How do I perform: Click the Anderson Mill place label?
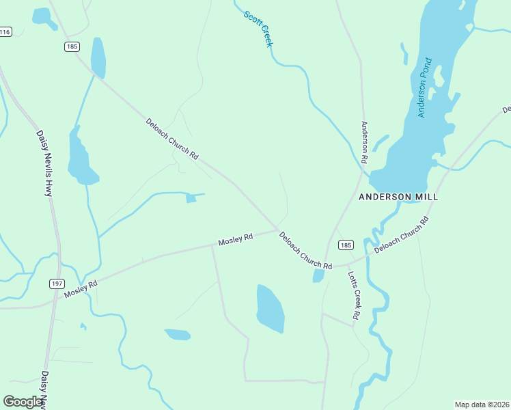pos(398,197)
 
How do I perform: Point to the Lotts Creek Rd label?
pos(353,295)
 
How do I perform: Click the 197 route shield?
pos(57,283)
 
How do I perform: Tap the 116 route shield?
pos(5,32)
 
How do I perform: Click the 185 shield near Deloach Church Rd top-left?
pos(72,46)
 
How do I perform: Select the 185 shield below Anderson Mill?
pos(346,245)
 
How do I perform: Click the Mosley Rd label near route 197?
pos(81,288)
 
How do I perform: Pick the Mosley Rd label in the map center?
pos(236,240)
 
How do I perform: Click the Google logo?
pos(23,401)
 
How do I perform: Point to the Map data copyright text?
pos(482,404)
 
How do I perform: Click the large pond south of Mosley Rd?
pos(270,308)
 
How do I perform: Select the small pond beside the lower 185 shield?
pos(318,275)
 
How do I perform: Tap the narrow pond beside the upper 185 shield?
pos(98,57)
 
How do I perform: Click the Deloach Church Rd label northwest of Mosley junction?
pos(171,139)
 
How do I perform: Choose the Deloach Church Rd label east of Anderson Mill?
pos(402,236)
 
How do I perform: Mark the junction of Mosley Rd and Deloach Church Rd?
pos(277,229)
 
